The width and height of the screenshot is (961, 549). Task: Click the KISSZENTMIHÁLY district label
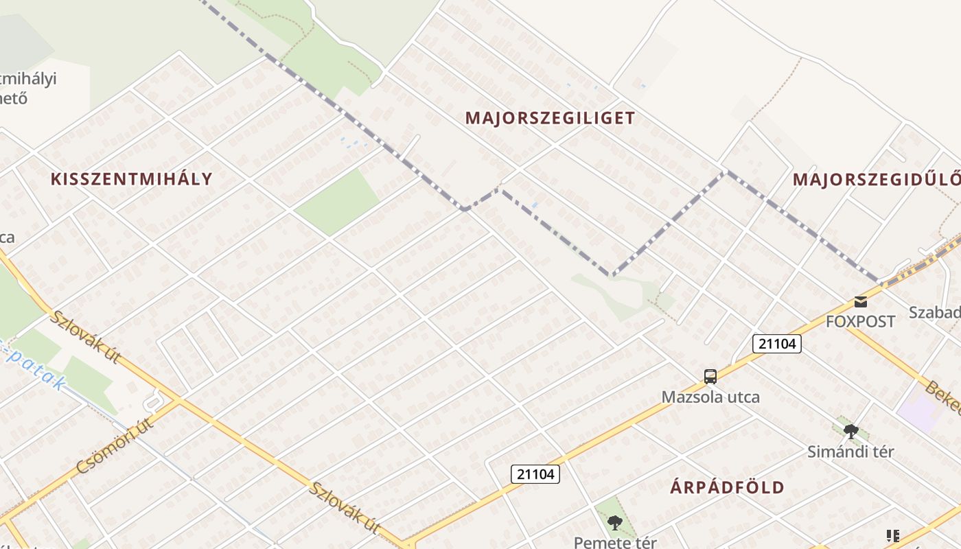point(131,179)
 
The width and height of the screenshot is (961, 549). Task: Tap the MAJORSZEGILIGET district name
point(550,118)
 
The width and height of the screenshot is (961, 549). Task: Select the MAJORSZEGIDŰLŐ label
point(876,180)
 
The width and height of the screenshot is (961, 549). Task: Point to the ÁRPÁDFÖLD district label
point(727,488)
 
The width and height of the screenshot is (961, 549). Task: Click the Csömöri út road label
point(115,445)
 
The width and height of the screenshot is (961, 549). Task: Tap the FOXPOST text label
point(860,321)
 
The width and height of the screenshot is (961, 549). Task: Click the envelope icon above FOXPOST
point(860,301)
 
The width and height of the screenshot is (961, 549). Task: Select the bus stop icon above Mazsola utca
point(710,376)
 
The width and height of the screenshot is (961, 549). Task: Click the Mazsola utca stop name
point(710,397)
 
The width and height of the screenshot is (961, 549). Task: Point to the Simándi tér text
point(850,452)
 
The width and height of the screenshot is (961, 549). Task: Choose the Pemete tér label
point(615,542)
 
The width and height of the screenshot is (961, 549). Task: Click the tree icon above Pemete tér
point(615,523)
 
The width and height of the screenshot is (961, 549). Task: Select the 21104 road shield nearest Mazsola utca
point(777,343)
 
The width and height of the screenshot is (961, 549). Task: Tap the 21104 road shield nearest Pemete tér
point(536,474)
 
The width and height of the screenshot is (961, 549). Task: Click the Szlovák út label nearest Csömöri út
point(86,337)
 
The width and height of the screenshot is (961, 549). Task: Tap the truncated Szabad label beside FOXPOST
point(934,312)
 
